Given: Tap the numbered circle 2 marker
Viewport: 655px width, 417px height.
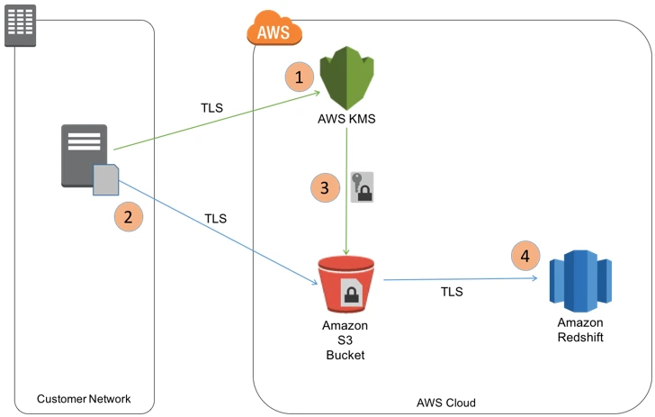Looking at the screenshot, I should tap(129, 216).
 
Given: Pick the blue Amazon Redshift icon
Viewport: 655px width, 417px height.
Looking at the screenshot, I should tap(580, 275).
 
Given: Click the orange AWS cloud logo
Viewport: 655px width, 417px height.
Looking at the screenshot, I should tap(274, 31).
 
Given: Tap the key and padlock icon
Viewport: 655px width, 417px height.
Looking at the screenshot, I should tap(362, 186).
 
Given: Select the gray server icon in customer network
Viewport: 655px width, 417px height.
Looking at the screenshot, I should tap(84, 155).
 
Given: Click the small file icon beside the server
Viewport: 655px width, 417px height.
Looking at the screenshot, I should tap(106, 180).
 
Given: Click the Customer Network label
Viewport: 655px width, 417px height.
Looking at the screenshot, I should tap(84, 398).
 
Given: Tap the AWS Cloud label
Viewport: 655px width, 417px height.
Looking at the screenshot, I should tap(446, 403).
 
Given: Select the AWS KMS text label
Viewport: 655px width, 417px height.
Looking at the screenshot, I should tap(346, 118).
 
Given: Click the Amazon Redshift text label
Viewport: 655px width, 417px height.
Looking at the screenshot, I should tap(580, 330).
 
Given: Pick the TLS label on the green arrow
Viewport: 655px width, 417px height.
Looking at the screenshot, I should tap(211, 108).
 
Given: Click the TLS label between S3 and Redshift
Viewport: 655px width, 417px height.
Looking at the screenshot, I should tap(453, 293).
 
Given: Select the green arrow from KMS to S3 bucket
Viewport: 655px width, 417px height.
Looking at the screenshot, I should tap(346, 194).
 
